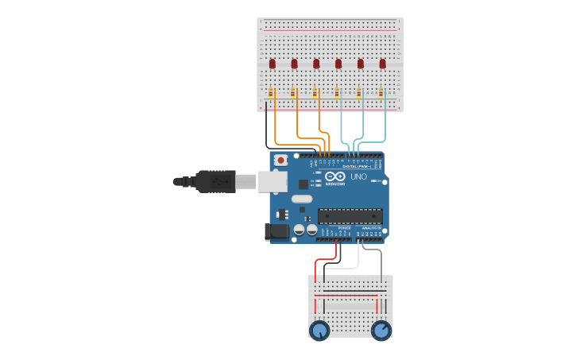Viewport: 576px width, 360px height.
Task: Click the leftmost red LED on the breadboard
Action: pos(272,63)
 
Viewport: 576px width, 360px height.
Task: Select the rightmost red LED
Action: pos(382,63)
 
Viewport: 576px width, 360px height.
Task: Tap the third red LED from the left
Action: pos(316,63)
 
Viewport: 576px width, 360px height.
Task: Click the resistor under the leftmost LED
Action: pos(271,94)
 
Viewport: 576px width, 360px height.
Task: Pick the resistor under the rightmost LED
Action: pos(381,94)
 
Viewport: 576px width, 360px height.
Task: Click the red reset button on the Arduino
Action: pos(280,160)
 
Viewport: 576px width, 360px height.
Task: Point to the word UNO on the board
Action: pos(358,176)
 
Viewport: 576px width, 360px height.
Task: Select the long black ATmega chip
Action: pos(350,215)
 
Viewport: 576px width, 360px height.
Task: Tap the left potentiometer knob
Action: pos(319,331)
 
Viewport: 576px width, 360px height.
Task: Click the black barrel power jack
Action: pos(276,231)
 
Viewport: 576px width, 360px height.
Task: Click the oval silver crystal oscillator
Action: pos(302,198)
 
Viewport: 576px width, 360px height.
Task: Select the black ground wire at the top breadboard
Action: pos(266,127)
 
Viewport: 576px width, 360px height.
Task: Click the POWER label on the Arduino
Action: pos(344,228)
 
